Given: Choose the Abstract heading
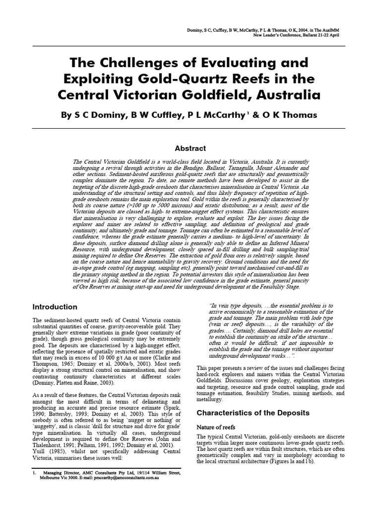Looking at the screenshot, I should pyautogui.click(x=190, y=148).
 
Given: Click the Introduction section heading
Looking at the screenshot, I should pyautogui.click(x=55, y=307).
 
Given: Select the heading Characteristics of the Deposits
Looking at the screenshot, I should pyautogui.click(x=253, y=413).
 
